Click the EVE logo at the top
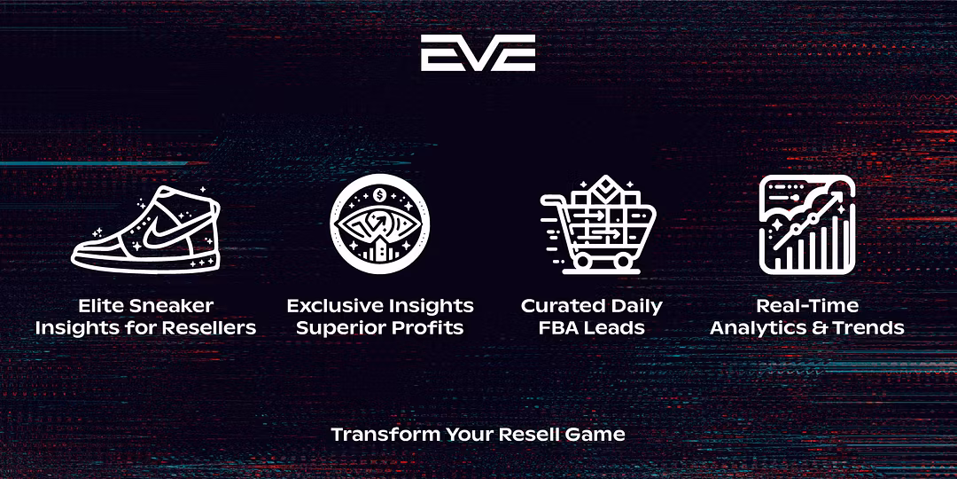click(478, 52)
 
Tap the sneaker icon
click(145, 229)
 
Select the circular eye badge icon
click(379, 224)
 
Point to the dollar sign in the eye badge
click(379, 195)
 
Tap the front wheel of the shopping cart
click(623, 261)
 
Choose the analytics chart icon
click(807, 224)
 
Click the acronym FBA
click(558, 328)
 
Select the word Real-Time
click(807, 305)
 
